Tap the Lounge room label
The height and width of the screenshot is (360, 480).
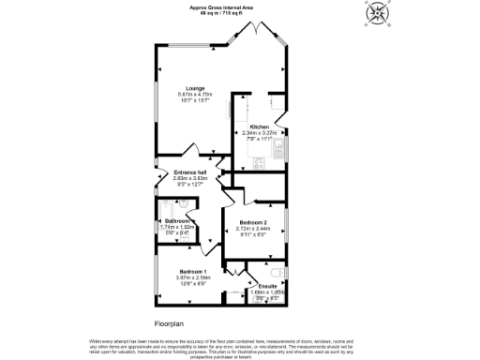pos(196,88)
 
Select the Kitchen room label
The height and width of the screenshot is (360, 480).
pos(260,127)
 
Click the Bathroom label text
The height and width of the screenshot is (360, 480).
pos(177,221)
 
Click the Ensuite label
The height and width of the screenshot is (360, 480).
pos(267,284)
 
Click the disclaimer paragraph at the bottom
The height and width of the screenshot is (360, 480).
pos(240,347)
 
